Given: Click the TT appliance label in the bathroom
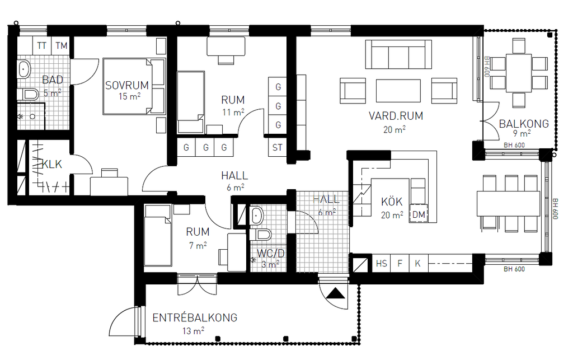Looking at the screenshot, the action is [41, 46].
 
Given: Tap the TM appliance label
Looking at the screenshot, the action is [62, 46].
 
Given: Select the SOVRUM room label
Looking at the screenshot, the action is [127, 86].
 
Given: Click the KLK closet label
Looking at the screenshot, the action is [52, 165].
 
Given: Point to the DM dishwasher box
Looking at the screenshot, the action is [419, 214].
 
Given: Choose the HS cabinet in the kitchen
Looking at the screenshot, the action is [381, 264].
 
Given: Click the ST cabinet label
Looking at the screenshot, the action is [278, 148].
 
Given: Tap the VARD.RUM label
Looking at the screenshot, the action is [396, 116].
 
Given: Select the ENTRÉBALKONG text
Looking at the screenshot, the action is [195, 317].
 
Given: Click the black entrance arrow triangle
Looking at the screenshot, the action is [335, 293].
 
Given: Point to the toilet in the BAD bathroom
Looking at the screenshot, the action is [31, 95].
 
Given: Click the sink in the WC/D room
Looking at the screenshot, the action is [256, 216].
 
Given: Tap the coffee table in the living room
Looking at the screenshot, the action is [398, 91].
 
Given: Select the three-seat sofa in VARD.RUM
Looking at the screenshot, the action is [398, 54].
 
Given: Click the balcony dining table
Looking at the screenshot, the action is [519, 73].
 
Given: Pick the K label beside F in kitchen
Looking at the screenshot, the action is [417, 264].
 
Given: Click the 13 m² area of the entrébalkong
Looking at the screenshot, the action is [193, 331].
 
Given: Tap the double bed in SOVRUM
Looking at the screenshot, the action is [134, 86].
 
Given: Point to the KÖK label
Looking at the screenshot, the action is [391, 202].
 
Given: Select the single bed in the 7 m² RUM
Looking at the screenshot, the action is [158, 236].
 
